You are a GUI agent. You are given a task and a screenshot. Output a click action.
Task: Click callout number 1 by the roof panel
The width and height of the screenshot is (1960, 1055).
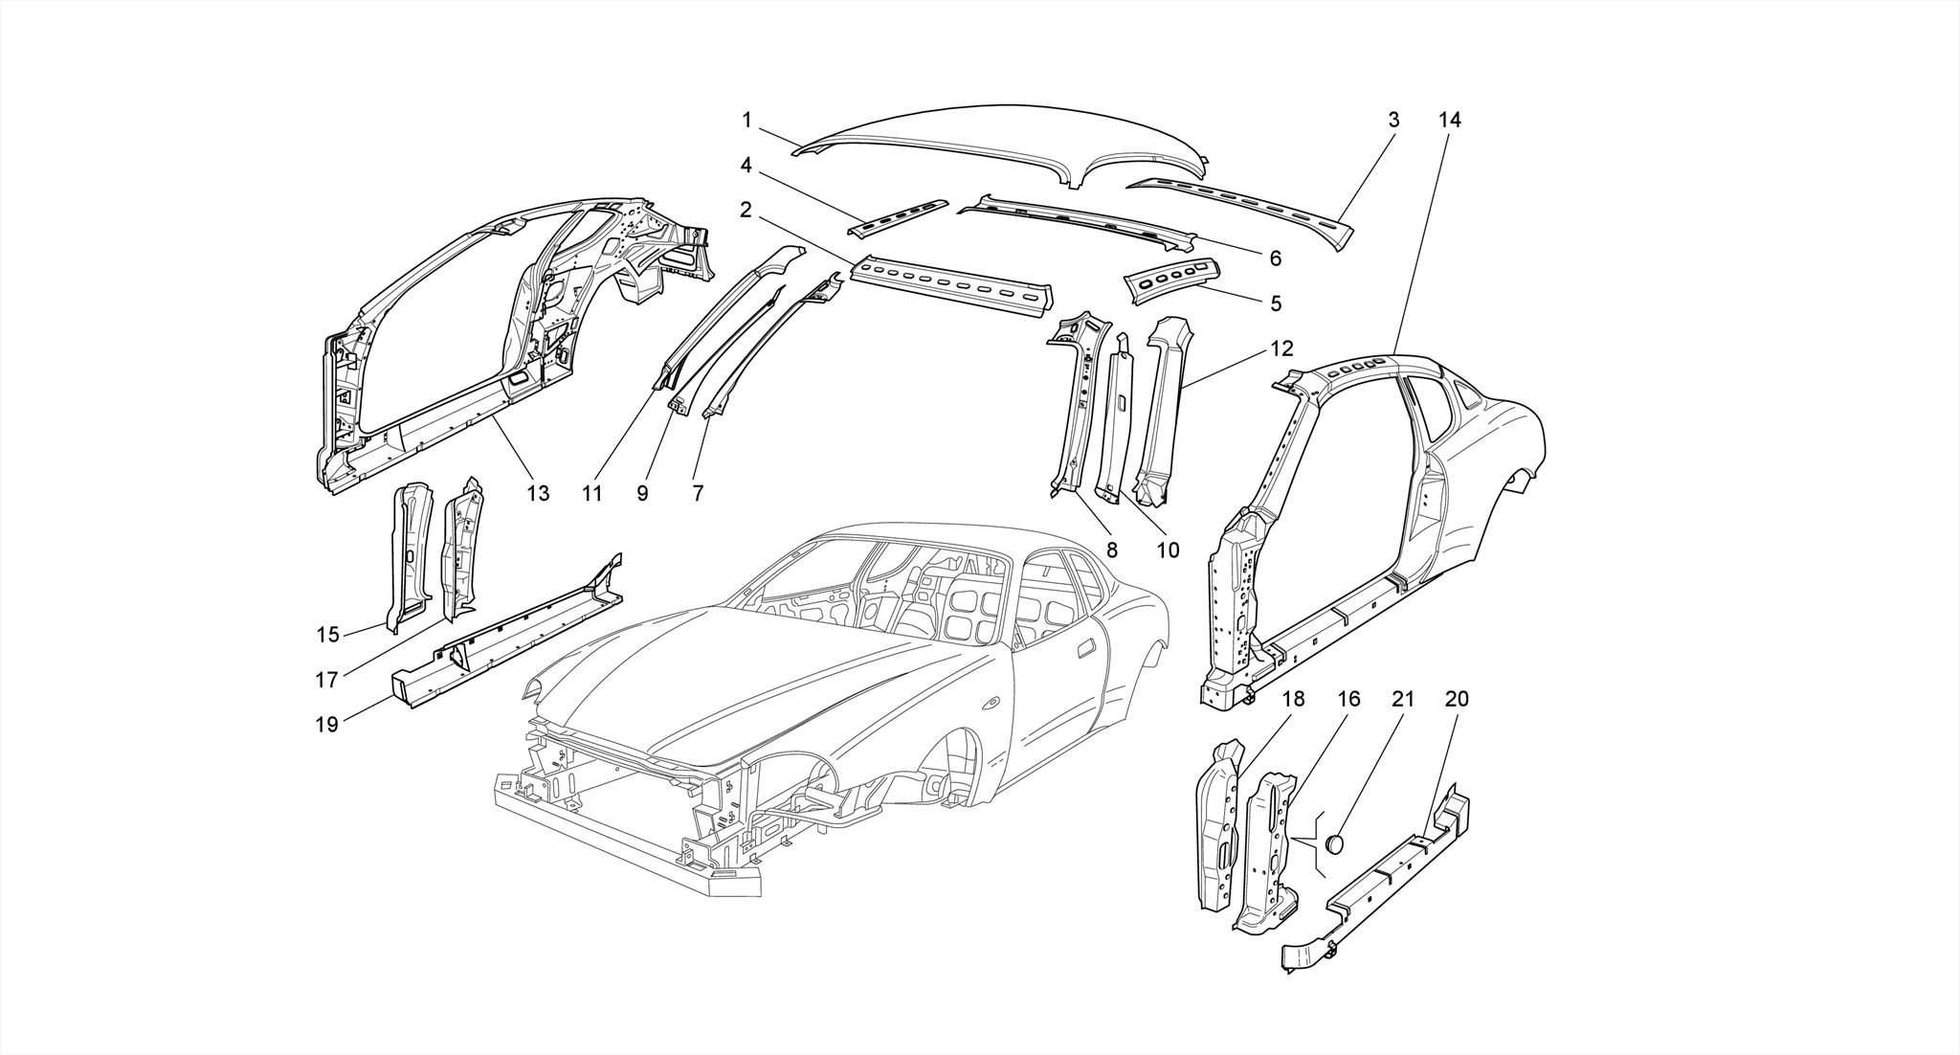tap(746, 121)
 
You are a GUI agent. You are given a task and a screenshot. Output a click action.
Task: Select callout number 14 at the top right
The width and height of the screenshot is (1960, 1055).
tap(1449, 121)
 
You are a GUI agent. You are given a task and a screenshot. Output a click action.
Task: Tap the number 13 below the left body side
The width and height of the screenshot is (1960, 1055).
tap(538, 493)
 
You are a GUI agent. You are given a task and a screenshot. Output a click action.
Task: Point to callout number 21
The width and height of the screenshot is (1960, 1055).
tap(1402, 700)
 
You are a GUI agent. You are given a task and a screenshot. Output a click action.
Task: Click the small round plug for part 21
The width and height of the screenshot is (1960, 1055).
tap(1333, 843)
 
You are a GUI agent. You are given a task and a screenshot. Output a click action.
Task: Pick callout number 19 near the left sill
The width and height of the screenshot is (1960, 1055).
tap(326, 725)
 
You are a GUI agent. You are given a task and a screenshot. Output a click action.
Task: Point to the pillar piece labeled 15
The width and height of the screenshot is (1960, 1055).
tap(408, 555)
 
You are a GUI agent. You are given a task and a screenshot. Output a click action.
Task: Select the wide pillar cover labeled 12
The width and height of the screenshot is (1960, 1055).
tap(1161, 412)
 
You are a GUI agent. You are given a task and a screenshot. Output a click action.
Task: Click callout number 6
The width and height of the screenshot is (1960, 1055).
tap(1275, 258)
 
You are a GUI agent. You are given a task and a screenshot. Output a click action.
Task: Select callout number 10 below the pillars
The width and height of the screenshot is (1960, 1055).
tap(1168, 550)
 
